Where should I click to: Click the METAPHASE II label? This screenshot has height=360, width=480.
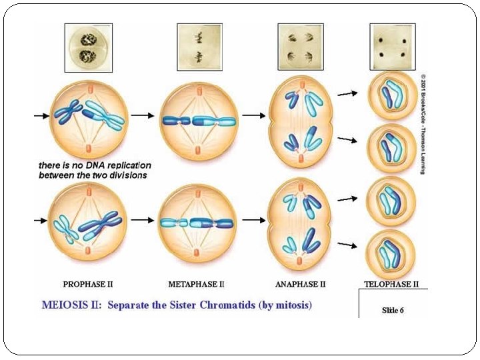pos(196,284)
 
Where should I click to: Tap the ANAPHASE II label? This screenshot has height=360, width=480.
pos(300,284)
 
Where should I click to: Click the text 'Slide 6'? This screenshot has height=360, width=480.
pos(393,310)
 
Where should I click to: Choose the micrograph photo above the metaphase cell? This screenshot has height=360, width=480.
pos(199,47)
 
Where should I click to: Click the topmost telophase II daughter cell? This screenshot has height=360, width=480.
pos(392,96)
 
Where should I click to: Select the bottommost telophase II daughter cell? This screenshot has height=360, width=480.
pos(392,253)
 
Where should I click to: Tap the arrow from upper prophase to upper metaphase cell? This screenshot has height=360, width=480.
pos(141,115)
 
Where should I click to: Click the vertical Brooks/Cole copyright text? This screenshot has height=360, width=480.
pos(423,123)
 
